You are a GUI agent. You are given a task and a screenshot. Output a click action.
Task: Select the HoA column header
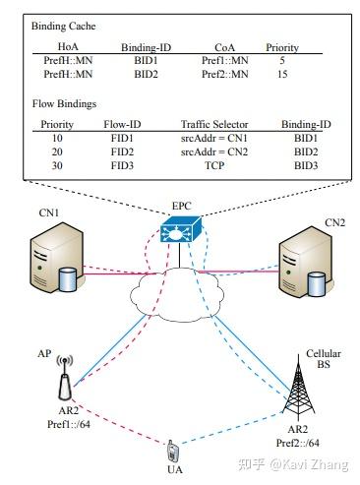point(68,46)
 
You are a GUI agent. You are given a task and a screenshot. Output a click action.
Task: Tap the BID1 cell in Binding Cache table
point(146,59)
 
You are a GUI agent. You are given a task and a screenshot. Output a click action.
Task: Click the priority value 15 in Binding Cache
point(282,73)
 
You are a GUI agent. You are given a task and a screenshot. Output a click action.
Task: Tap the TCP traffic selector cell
point(213,166)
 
